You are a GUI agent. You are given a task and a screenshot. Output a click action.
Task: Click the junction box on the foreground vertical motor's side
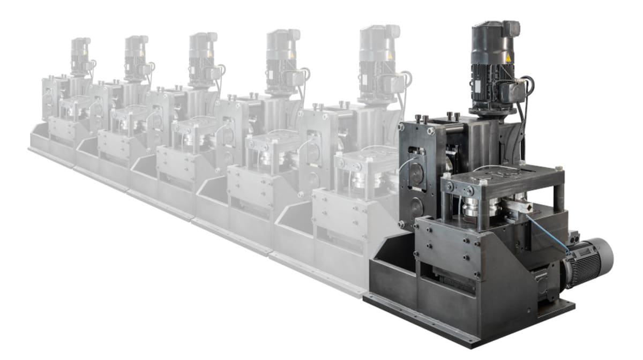point(515,91)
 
